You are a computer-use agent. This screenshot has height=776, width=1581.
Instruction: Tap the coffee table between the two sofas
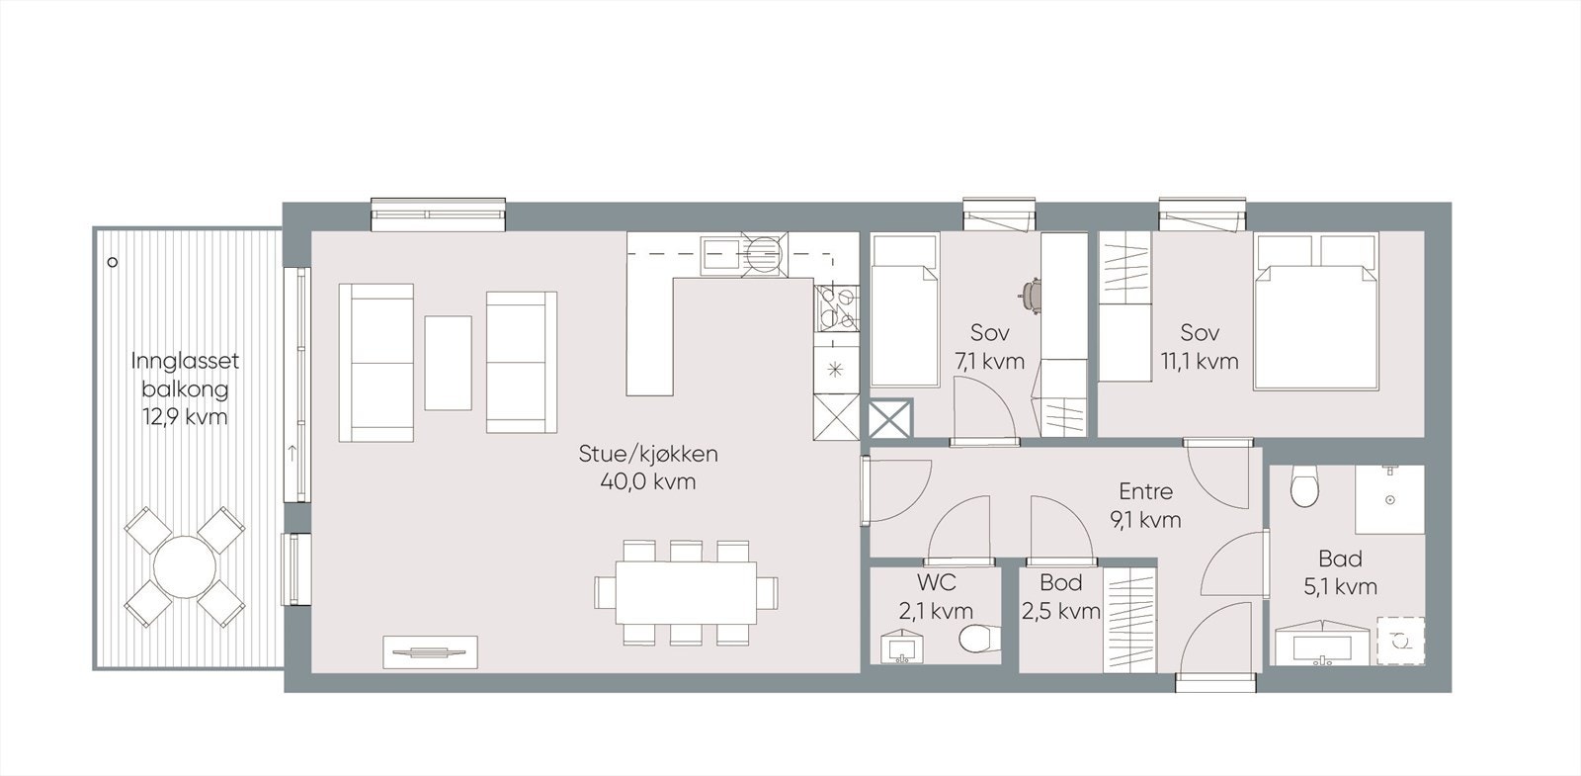[448, 362]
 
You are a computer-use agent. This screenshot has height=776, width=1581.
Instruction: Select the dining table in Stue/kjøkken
[687, 592]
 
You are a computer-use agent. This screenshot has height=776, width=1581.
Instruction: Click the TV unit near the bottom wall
[430, 651]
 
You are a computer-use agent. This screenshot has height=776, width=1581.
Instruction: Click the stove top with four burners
[836, 307]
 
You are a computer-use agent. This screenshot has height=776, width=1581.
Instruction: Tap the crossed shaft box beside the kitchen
[890, 419]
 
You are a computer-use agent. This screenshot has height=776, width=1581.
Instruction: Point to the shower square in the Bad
[1389, 499]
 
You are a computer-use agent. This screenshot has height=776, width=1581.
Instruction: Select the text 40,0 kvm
[647, 482]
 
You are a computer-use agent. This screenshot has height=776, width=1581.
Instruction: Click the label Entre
[1145, 491]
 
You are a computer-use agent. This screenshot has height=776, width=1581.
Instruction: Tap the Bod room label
[1060, 583]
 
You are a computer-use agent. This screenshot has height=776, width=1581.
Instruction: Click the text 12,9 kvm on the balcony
[185, 417]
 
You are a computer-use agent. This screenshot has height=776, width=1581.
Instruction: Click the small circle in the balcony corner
[113, 262]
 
